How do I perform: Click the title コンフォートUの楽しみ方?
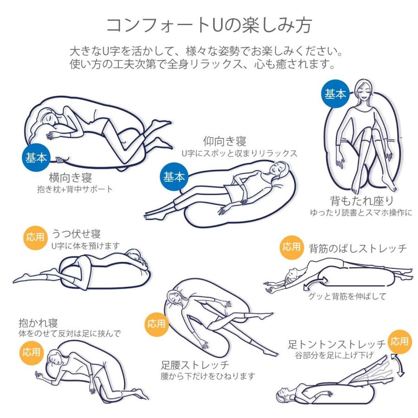click(209, 26)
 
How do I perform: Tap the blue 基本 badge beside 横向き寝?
click(36, 157)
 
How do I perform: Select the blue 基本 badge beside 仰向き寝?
click(174, 177)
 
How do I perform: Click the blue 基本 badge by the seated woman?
click(335, 94)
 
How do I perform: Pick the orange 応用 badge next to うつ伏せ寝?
click(35, 237)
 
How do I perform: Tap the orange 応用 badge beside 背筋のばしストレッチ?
click(292, 247)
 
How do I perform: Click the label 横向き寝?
click(71, 177)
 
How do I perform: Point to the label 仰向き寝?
click(225, 141)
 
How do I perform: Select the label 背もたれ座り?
click(362, 201)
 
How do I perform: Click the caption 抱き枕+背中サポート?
click(75, 189)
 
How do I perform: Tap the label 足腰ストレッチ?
click(195, 365)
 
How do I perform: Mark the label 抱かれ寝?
click(38, 323)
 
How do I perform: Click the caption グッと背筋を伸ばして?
click(347, 296)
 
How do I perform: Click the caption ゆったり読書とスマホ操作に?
click(361, 212)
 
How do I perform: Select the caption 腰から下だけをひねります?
click(208, 376)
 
